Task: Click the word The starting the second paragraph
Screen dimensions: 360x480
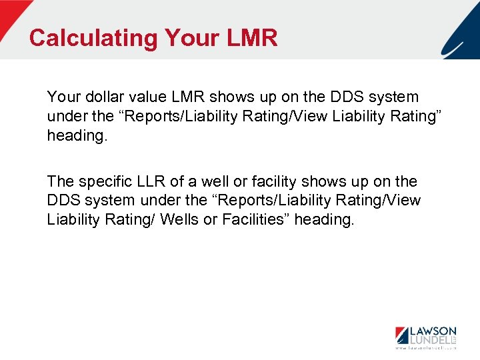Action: [x=60, y=182]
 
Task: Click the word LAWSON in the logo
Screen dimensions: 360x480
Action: [x=433, y=331]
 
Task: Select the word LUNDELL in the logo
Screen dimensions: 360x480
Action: [x=430, y=341]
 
